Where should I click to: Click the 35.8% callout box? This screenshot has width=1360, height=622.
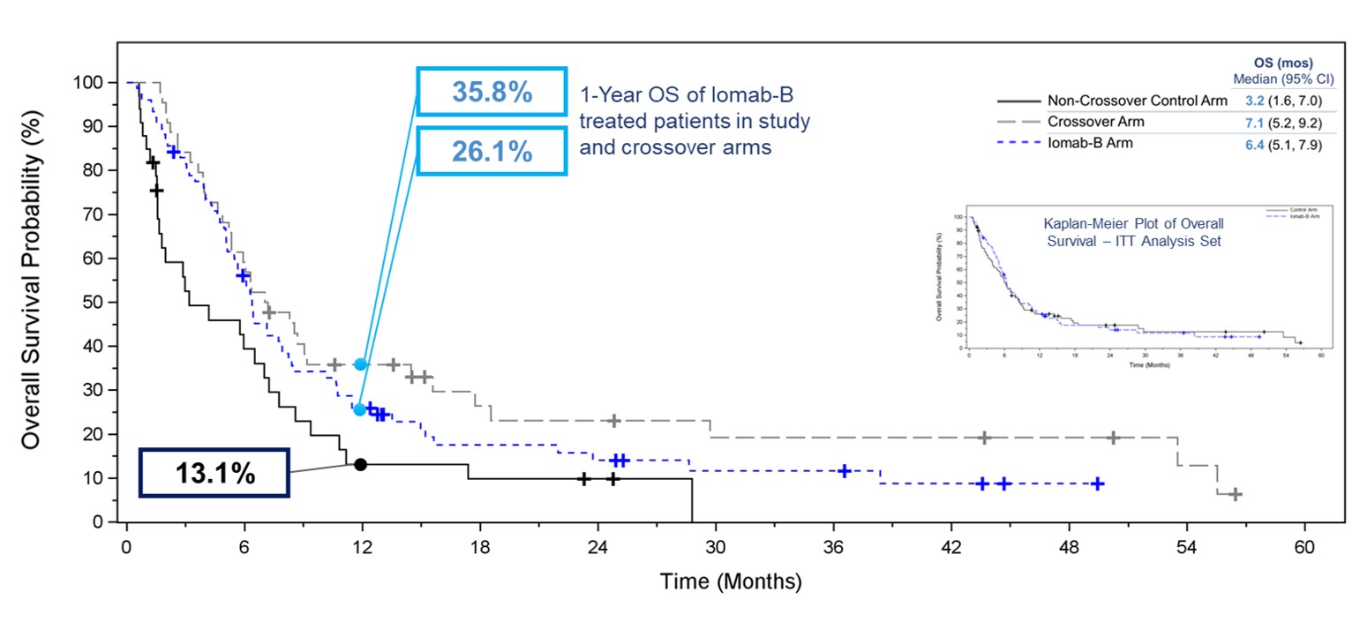coord(491,92)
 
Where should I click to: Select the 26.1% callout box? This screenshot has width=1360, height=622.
coord(491,151)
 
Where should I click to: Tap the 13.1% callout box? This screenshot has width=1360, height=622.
coord(214,474)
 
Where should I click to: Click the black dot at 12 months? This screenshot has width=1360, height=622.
coord(360,464)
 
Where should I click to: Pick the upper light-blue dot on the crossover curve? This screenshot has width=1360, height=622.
coord(360,364)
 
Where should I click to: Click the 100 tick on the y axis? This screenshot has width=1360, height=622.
coord(96,83)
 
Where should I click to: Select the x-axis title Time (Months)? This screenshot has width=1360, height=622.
coord(732,582)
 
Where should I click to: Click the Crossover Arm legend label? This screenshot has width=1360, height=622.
coord(1093,123)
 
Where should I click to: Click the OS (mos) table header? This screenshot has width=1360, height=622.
coord(1284,64)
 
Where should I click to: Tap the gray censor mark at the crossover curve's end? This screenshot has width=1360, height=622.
coord(1236,495)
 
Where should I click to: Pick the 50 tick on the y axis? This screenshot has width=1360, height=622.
coord(100,303)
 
